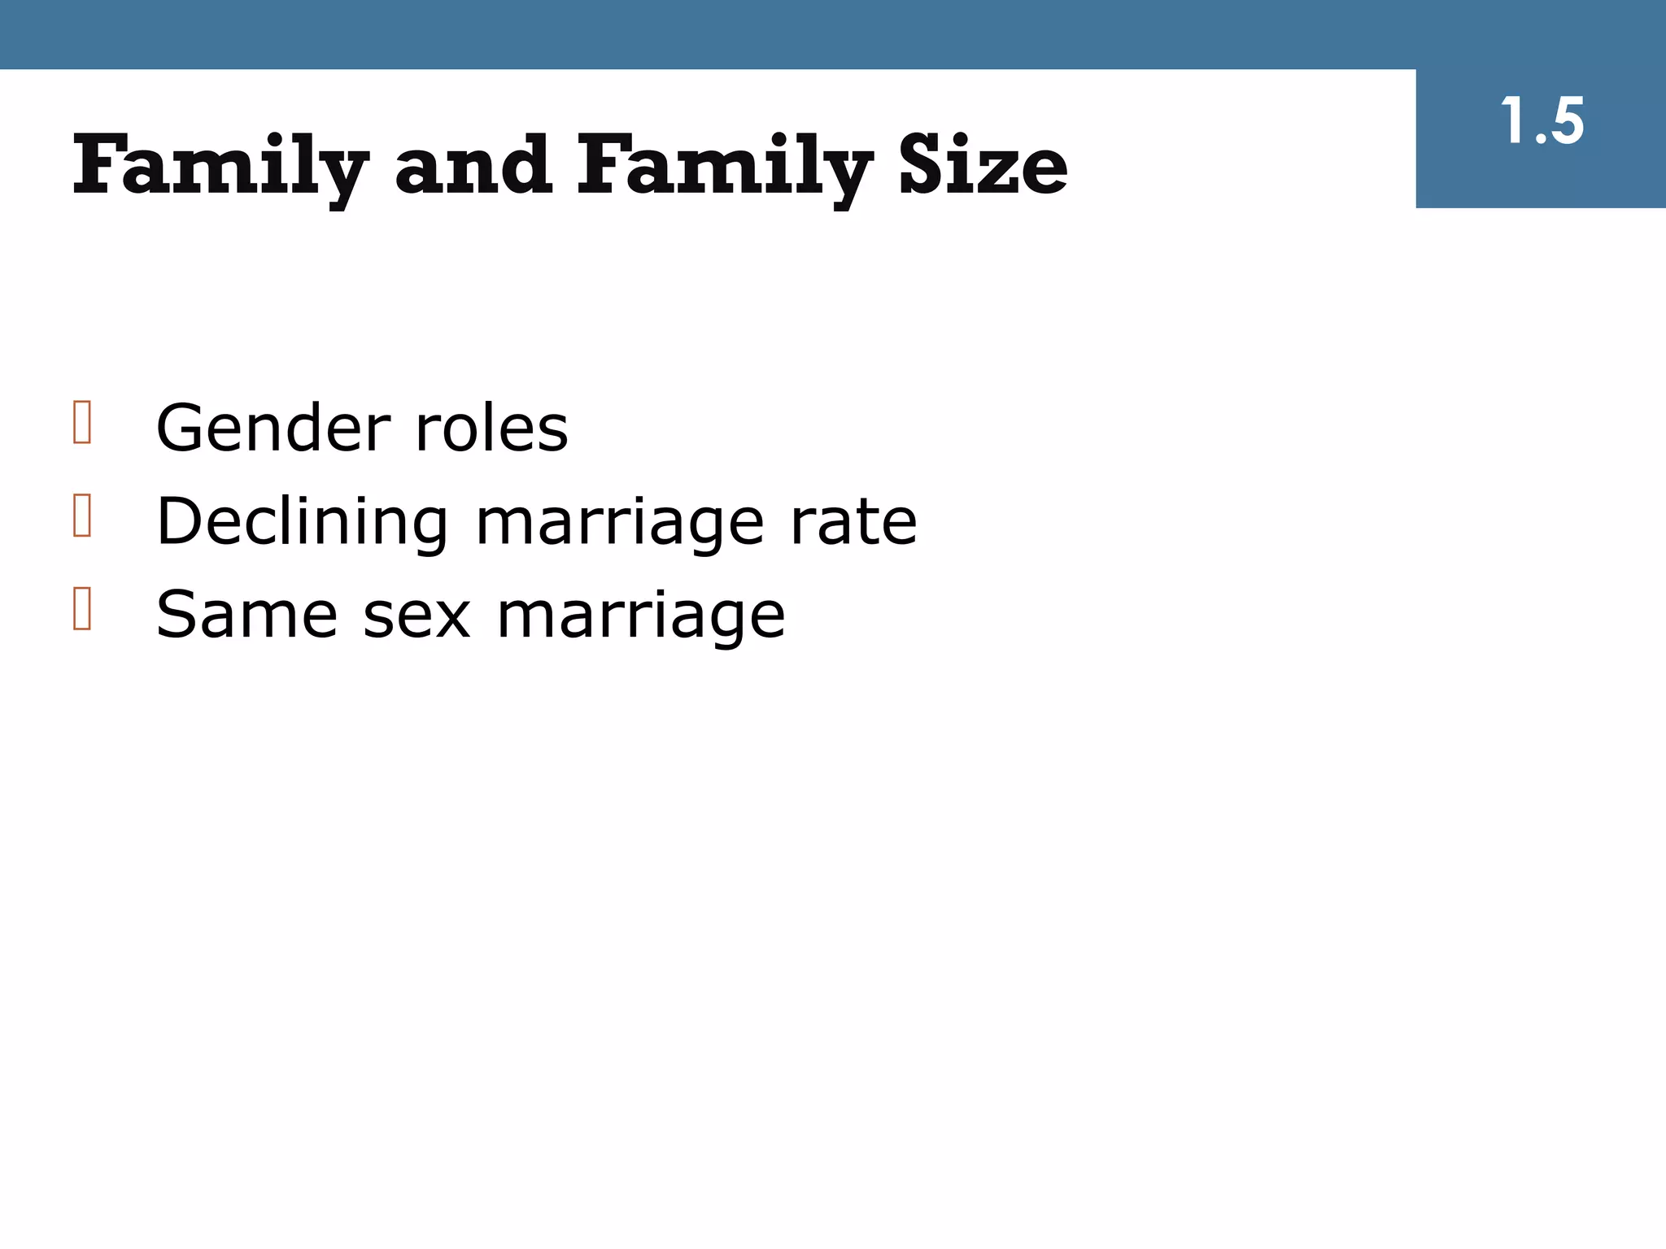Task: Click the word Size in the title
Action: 983,167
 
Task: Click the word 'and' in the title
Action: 473,167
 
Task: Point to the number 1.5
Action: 1542,122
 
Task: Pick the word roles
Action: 491,428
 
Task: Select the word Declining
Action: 302,521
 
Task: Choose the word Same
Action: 246,615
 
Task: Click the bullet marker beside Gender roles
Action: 81,422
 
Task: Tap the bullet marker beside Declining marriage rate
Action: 81,516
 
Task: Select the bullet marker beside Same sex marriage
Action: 81,609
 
